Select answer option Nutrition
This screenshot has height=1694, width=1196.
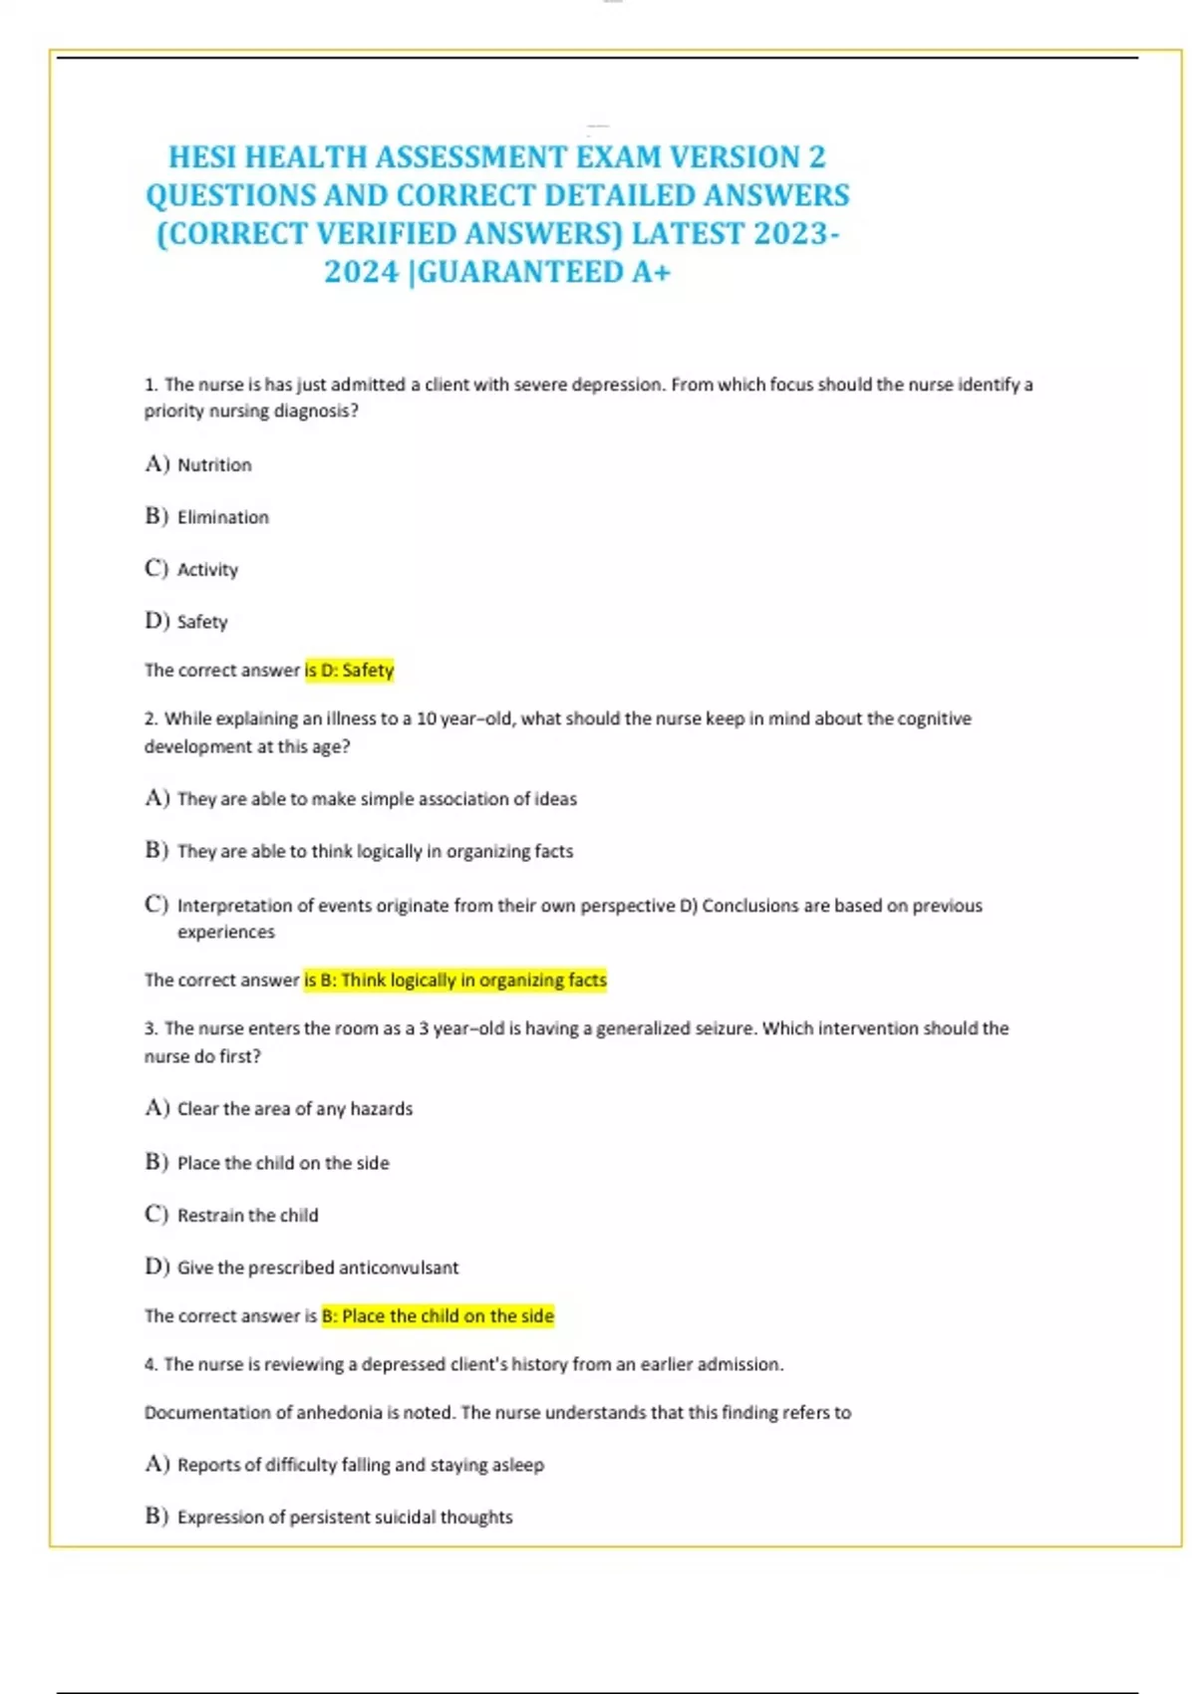[x=214, y=465]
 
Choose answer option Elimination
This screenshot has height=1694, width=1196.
[x=222, y=517]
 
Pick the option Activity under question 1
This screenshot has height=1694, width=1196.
[x=207, y=570]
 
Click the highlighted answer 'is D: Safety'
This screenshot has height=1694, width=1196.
[x=349, y=671]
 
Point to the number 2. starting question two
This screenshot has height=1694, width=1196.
[x=151, y=719]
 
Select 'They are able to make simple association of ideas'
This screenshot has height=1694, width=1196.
[x=377, y=799]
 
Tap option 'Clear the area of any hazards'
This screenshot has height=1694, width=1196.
[x=294, y=1109]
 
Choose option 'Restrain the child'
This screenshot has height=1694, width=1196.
[x=247, y=1216]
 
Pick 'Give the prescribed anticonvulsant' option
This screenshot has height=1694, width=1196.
[x=317, y=1268]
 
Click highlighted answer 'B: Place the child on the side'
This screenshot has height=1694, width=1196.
[x=438, y=1316]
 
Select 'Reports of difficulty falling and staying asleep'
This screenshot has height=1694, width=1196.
[x=360, y=1465]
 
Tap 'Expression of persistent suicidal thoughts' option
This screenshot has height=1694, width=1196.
[x=344, y=1518]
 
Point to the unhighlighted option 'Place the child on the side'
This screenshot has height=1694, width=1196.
[x=283, y=1163]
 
